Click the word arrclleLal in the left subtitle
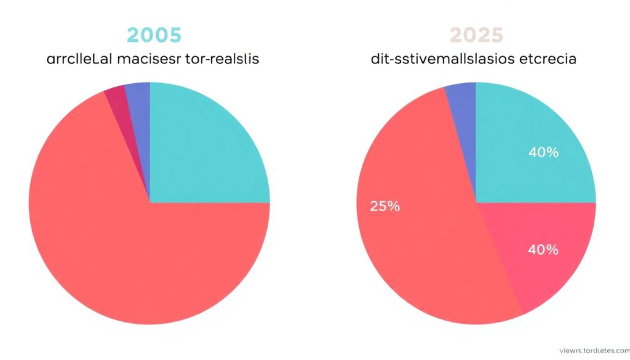click(x=73, y=60)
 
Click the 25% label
click(x=385, y=207)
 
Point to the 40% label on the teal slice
click(x=543, y=152)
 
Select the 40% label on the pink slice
click(x=543, y=250)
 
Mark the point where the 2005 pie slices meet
click(x=150, y=202)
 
